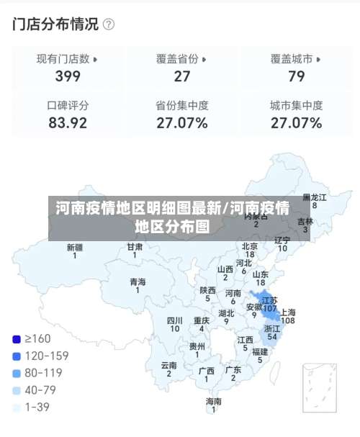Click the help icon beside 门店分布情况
click(109, 24)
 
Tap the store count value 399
click(68, 76)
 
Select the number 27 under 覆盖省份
click(182, 76)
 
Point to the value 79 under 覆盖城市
click(296, 76)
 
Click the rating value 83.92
click(68, 122)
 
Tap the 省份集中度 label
click(182, 105)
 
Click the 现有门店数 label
click(63, 59)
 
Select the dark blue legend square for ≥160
click(17, 338)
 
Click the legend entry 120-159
click(47, 356)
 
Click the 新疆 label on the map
click(74, 247)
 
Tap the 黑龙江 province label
click(314, 197)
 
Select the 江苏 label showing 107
click(269, 300)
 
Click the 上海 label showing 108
click(287, 312)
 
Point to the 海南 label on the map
click(214, 401)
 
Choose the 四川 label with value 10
click(174, 320)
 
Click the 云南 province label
click(169, 366)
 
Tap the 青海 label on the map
click(138, 281)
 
